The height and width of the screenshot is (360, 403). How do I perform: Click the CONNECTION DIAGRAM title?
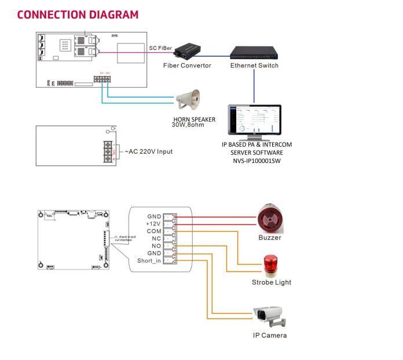click(78, 14)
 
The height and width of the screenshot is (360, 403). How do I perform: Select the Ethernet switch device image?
click(254, 52)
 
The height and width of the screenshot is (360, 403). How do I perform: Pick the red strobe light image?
click(270, 266)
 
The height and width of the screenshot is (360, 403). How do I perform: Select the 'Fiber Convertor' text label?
click(187, 66)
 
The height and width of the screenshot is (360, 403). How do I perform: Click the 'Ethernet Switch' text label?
click(254, 66)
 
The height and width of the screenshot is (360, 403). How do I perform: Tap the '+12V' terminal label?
click(153, 223)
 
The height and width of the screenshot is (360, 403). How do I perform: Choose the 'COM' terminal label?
click(154, 231)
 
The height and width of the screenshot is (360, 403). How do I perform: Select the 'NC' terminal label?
click(156, 238)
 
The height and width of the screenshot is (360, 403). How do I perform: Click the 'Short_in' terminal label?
click(149, 261)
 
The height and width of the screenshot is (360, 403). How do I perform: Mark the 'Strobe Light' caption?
click(272, 282)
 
